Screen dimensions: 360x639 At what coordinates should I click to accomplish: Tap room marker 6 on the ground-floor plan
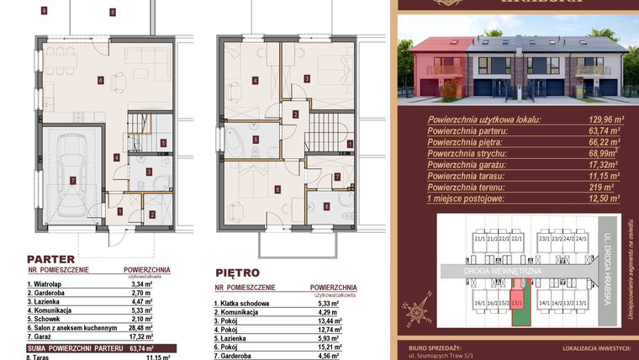pyautogui.click(x=100, y=81)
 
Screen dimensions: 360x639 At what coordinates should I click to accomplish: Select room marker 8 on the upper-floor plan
pyautogui.click(x=327, y=206)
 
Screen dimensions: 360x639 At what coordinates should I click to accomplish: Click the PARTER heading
pyautogui.click(x=51, y=259)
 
